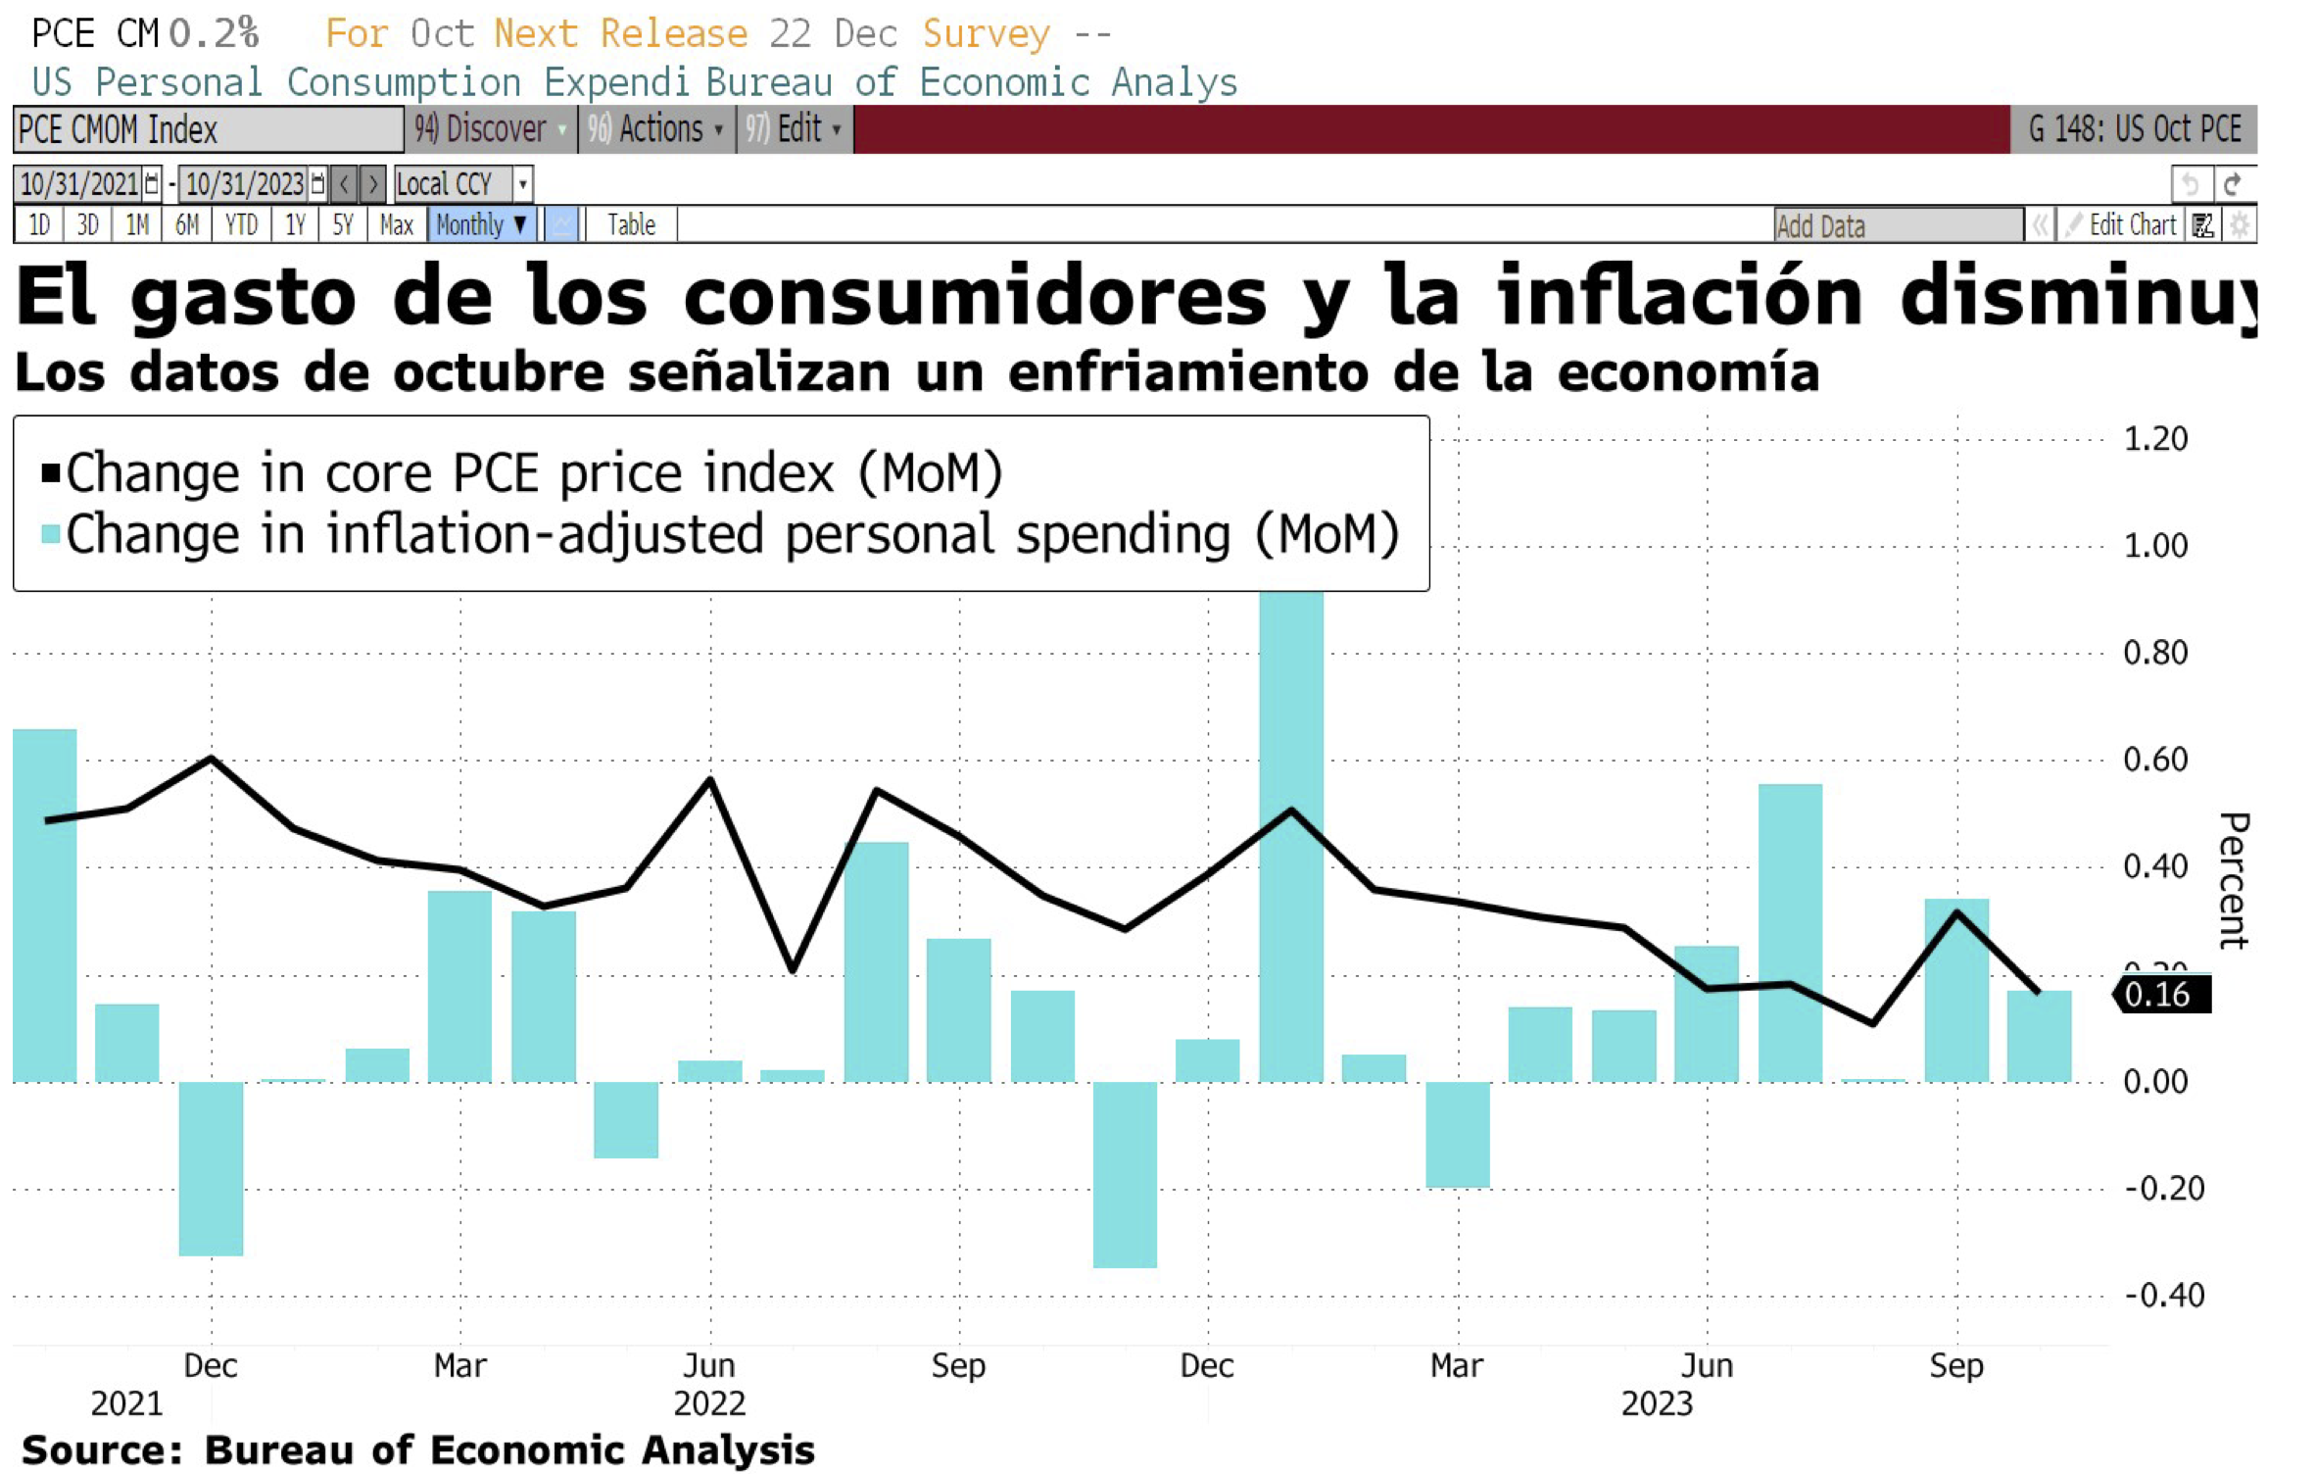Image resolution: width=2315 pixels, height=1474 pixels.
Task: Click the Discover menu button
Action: (x=490, y=129)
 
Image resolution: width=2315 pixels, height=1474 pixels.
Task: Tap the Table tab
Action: (x=631, y=225)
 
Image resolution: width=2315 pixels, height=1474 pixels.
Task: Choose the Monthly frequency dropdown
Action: (x=481, y=225)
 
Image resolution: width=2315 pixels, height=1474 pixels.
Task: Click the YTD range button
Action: (x=241, y=225)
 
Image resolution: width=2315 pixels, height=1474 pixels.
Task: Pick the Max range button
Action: (x=397, y=225)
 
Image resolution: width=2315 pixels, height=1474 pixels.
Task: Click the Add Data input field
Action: (x=1898, y=225)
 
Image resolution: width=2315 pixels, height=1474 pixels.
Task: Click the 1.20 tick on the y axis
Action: (x=2155, y=438)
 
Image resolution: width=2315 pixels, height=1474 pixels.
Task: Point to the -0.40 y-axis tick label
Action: (x=2163, y=1295)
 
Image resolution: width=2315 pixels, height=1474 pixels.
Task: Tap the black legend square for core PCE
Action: (x=51, y=474)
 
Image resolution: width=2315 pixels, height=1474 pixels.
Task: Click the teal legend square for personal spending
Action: (x=51, y=534)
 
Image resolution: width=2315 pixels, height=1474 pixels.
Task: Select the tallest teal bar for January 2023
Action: (x=1291, y=833)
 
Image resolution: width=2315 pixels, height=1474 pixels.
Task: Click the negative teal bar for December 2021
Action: (x=211, y=1168)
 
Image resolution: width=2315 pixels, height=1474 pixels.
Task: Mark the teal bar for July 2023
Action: (x=1790, y=931)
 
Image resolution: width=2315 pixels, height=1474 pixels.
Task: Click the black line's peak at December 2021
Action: (x=212, y=758)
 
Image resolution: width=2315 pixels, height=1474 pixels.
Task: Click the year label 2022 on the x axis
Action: (x=709, y=1403)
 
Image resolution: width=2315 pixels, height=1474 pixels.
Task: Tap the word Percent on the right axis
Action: (x=2233, y=879)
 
